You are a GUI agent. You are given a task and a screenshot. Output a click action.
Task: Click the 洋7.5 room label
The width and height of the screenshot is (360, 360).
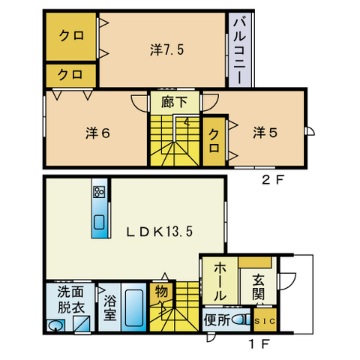166,50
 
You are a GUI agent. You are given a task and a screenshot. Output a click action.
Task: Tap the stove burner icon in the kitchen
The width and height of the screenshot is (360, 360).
98,192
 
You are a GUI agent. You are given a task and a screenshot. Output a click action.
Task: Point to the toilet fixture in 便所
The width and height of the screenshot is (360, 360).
241,320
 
